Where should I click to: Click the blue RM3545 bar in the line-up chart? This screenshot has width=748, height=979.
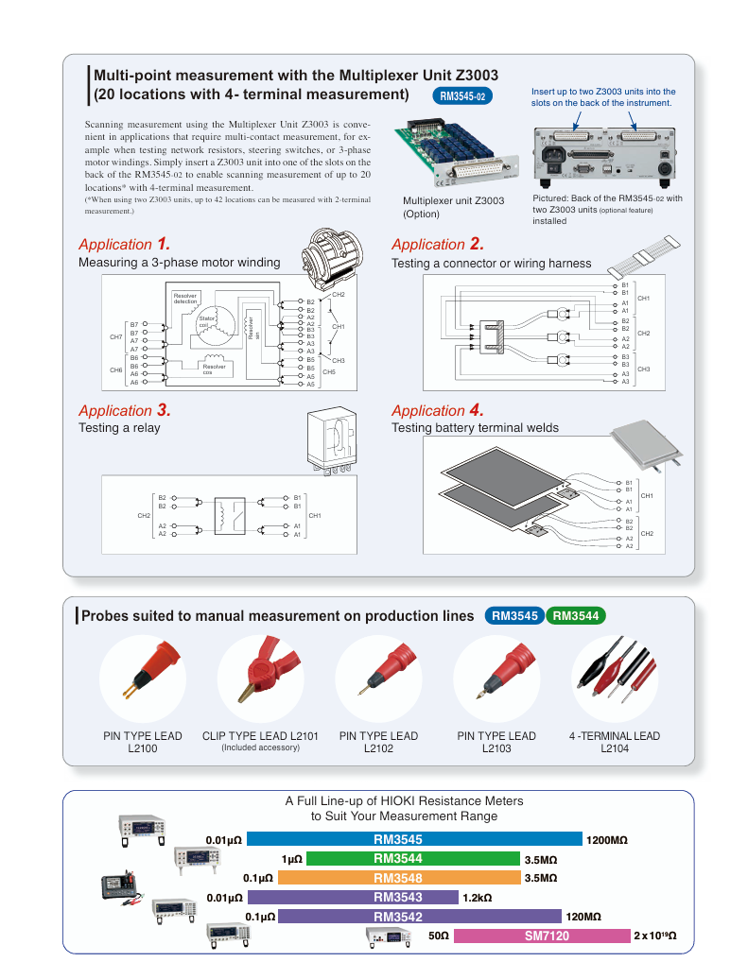coord(414,839)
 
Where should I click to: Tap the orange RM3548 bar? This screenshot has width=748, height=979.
coord(399,878)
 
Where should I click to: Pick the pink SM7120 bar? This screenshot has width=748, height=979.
coord(541,936)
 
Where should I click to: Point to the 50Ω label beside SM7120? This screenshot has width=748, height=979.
coord(438,936)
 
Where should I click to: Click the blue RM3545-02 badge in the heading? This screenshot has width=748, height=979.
coord(462,96)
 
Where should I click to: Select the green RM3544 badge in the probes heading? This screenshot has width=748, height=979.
coord(575,616)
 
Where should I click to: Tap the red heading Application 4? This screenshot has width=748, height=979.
coord(437,410)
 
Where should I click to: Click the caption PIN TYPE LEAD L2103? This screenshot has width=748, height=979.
coord(496,742)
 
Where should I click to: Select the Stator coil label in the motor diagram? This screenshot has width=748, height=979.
coord(208,322)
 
